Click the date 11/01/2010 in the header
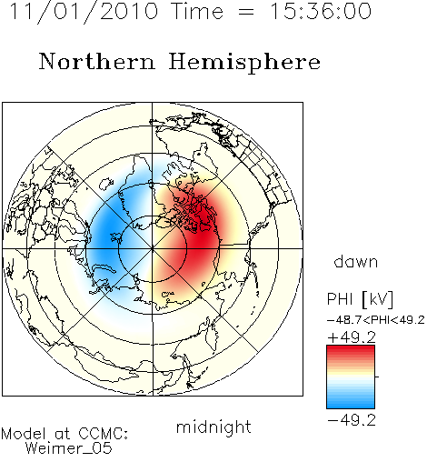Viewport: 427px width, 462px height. tap(84, 12)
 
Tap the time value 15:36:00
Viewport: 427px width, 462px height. tap(320, 11)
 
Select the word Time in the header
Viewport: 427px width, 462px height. tap(197, 11)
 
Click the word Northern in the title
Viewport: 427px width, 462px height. tap(97, 62)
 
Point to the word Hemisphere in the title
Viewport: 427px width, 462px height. tap(244, 63)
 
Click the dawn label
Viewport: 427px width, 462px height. tap(356, 261)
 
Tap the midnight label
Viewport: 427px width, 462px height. tap(213, 427)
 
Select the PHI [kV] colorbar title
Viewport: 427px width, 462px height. tap(360, 299)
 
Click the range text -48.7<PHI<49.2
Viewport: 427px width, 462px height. tap(376, 320)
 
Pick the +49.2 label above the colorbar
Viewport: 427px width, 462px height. tap(352, 337)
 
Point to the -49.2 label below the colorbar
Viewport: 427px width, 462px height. tap(352, 420)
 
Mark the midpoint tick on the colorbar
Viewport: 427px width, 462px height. tap(377, 377)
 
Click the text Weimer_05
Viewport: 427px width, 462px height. tap(69, 448)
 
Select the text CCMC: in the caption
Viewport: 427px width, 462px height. tap(103, 434)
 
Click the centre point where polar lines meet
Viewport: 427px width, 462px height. tap(152, 249)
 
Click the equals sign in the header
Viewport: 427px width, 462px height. tap(246, 13)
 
